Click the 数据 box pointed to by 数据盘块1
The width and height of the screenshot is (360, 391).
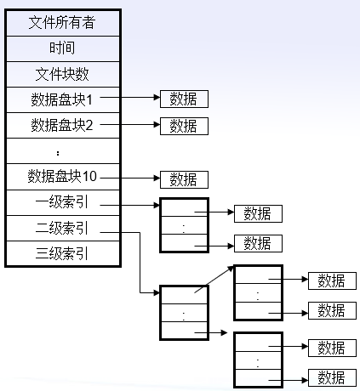pos(184,99)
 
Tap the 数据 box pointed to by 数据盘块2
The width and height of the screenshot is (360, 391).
pos(184,126)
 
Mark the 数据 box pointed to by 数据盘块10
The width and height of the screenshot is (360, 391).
pos(184,178)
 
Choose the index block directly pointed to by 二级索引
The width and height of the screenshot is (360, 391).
pos(184,314)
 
